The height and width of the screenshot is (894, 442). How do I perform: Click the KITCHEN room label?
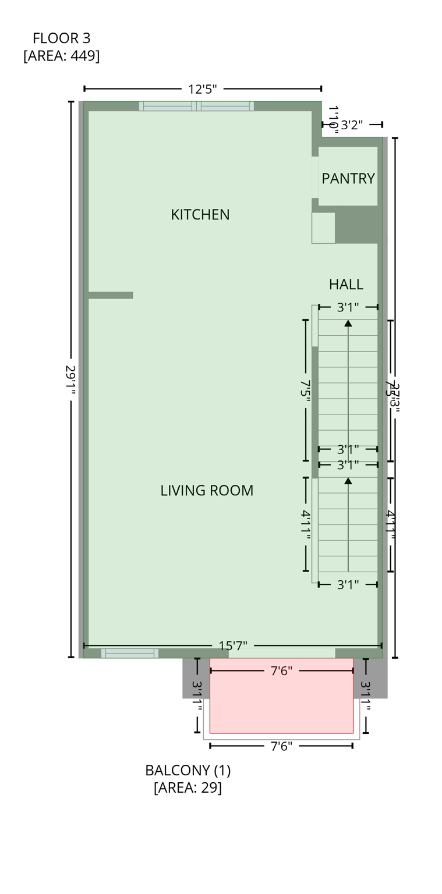pos(200,214)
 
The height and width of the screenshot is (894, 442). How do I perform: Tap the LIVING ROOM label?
pos(207,490)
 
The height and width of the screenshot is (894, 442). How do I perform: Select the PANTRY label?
pos(348,178)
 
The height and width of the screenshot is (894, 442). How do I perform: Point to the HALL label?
pos(346,284)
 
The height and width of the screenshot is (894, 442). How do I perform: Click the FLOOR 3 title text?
pos(61,38)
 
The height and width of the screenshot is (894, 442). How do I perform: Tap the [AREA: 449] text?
pos(61,56)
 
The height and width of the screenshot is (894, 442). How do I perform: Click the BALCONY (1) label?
pos(188,770)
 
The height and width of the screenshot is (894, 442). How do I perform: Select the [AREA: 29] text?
pos(188,787)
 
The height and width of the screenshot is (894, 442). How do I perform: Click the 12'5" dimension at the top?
pos(202,89)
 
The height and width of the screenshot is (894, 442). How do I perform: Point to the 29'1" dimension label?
pos(70,381)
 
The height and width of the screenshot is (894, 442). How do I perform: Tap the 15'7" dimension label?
pos(233,645)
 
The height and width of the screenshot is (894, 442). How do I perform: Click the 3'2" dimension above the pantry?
pos(352,125)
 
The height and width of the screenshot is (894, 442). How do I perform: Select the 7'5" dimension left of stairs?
pos(305,388)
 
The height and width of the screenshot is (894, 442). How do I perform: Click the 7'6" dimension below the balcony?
pos(281,746)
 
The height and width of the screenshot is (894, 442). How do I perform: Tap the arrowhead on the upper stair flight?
pos(348,323)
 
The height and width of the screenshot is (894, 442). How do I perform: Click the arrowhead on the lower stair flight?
pos(348,481)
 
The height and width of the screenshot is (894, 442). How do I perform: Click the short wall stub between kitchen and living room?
pos(111,295)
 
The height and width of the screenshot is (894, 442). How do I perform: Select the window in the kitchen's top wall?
pos(196,106)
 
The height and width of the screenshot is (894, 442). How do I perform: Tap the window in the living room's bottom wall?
pos(129,653)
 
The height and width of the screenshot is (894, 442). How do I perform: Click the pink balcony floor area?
pos(281,704)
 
